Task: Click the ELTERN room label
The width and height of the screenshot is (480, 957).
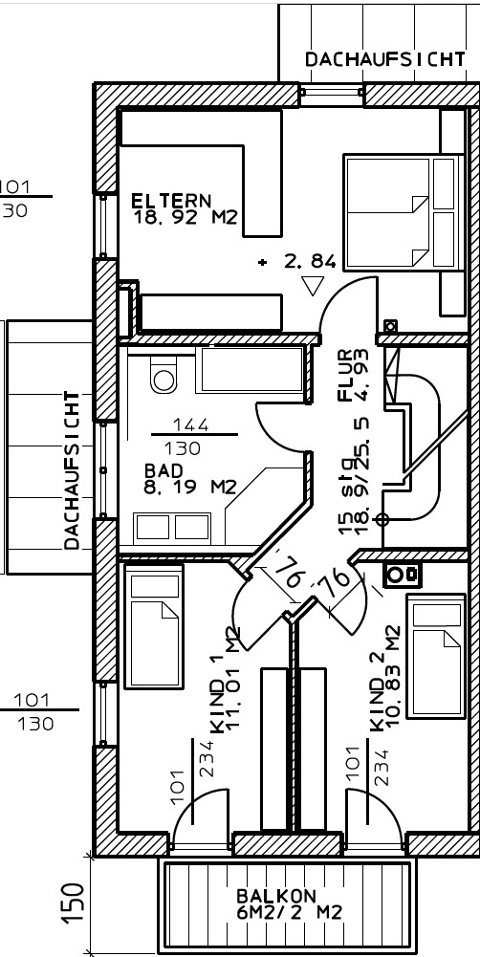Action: (171, 200)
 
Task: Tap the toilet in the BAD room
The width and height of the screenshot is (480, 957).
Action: (164, 375)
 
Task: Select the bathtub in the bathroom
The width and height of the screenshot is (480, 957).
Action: (251, 369)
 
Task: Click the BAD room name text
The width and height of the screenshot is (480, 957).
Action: (164, 471)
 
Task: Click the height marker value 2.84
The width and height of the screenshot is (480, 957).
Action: (310, 262)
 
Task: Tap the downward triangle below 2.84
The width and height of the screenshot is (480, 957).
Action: (314, 286)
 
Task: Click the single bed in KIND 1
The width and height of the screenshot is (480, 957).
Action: (154, 626)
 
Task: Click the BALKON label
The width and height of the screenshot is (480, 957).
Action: (276, 897)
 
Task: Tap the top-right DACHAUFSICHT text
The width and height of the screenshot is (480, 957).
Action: (385, 59)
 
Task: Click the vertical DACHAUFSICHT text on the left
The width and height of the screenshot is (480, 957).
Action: (72, 470)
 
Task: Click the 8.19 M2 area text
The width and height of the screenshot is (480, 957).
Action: (190, 487)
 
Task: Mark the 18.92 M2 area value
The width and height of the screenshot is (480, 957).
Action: (185, 217)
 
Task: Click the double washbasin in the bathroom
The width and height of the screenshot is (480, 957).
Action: (173, 527)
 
